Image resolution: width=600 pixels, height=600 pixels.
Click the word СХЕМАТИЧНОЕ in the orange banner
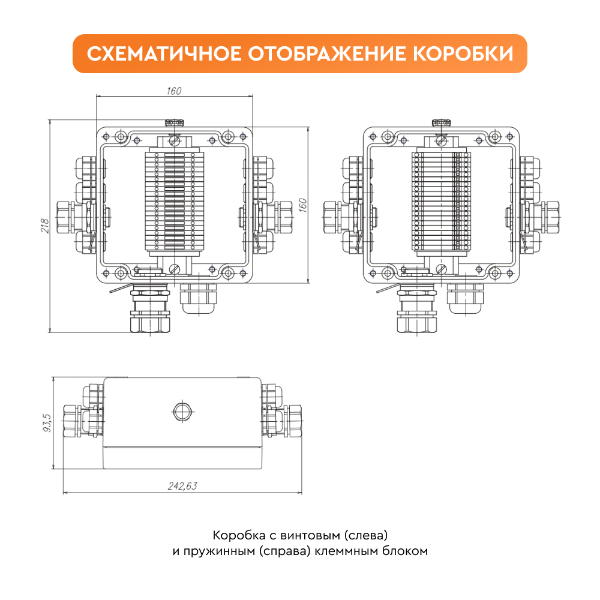pos(164,53)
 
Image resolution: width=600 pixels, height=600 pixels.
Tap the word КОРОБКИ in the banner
pos(463,53)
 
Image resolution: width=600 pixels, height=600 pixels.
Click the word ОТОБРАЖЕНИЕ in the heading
pos(327,53)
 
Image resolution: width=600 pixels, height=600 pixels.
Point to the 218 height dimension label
pos(45,226)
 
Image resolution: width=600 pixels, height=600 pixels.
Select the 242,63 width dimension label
pos(182,486)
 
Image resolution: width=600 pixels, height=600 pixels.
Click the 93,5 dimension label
pos(47,422)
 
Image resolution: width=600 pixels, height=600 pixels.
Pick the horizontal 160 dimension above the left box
pos(174,91)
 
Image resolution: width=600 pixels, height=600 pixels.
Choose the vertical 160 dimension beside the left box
pos(302,205)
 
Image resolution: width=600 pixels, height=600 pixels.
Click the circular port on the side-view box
pos(182,412)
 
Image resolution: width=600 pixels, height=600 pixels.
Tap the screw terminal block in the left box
pos(175,201)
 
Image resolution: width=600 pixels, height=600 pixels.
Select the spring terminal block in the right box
pos(441,201)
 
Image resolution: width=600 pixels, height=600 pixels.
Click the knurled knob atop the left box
pos(174,123)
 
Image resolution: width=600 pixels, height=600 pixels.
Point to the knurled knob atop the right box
pos(441,123)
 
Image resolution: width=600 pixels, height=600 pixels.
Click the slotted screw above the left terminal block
pos(175,142)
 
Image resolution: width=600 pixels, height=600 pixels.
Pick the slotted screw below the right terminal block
pos(441,269)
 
